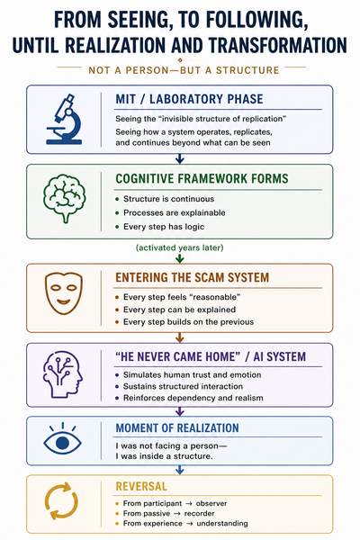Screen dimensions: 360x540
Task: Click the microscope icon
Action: tap(64, 119)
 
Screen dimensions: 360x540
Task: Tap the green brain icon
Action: tap(65, 198)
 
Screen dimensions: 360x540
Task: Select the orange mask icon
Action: tap(64, 292)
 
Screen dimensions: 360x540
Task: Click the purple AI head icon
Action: tap(63, 374)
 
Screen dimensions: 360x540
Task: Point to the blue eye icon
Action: tap(62, 440)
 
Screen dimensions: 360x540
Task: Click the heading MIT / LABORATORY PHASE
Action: tap(189, 99)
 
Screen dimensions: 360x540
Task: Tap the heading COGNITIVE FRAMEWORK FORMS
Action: tap(202, 179)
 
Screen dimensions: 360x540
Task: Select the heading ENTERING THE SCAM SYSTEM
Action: tap(193, 277)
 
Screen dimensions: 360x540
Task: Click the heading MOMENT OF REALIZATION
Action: tap(177, 428)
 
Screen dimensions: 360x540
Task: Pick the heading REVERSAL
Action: tap(141, 486)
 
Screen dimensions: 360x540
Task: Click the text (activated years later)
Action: tap(180, 247)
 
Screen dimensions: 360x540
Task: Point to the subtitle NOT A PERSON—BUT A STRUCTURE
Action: tap(184, 70)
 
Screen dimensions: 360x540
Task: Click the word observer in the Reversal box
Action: tap(211, 503)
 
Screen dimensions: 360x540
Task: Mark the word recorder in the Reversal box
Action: tap(200, 514)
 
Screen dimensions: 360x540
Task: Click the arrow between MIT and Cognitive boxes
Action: tap(180, 158)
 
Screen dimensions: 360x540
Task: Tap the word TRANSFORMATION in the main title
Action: tap(277, 45)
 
